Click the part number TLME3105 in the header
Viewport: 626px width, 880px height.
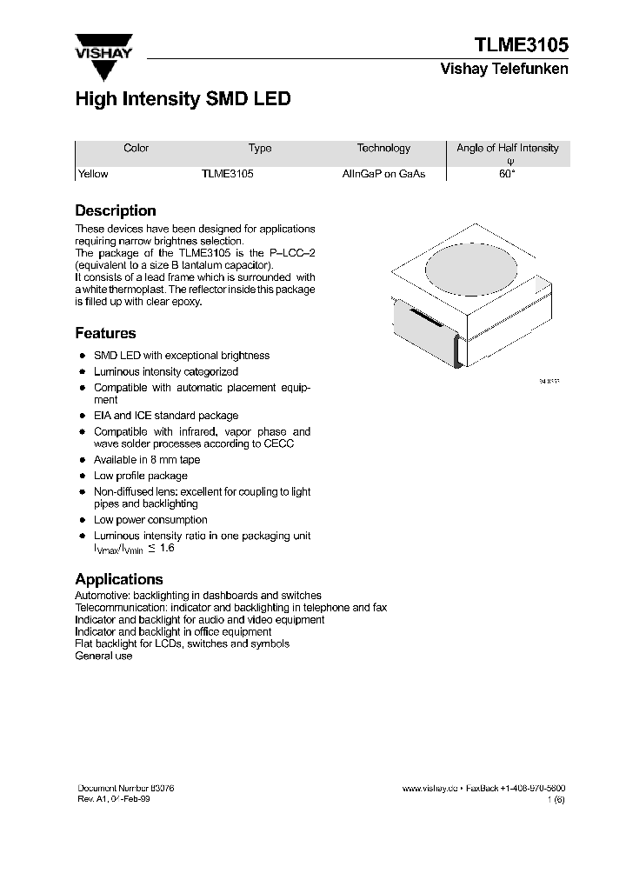(x=521, y=44)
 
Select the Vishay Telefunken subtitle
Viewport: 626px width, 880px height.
(x=504, y=70)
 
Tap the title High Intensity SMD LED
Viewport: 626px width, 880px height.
(x=183, y=99)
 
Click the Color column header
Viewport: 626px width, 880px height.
(x=137, y=148)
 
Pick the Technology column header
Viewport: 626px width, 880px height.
(x=383, y=148)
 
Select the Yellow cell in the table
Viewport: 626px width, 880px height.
(x=93, y=174)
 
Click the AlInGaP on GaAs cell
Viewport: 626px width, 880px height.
(x=383, y=174)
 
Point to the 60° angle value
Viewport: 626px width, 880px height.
(x=507, y=174)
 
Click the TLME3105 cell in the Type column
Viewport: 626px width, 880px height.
(x=227, y=174)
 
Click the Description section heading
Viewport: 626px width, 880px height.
(x=116, y=210)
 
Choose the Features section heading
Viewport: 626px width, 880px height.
(x=105, y=333)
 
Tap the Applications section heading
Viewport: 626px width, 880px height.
(x=119, y=579)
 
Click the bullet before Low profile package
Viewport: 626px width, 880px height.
(x=82, y=477)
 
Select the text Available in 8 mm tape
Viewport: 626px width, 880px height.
(x=147, y=460)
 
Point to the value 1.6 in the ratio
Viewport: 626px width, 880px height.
(x=166, y=549)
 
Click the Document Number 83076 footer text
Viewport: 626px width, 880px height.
(x=126, y=787)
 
